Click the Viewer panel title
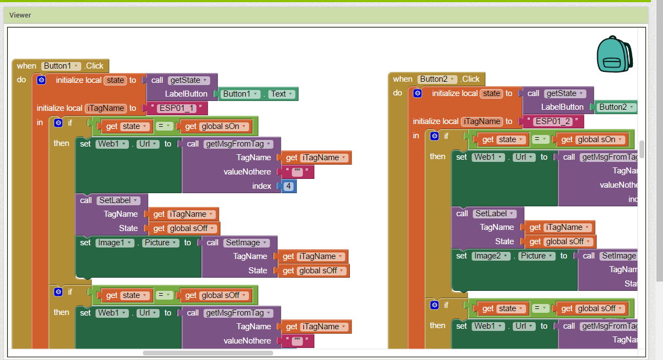pyautogui.click(x=20, y=15)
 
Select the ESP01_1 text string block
pyautogui.click(x=176, y=108)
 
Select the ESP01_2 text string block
pyautogui.click(x=552, y=121)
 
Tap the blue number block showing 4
pyautogui.click(x=288, y=186)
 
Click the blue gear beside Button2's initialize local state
pyautogui.click(x=417, y=93)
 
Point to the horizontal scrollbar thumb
pyautogui.click(x=208, y=353)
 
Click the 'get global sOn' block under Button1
pyautogui.click(x=216, y=126)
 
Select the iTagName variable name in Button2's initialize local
pyautogui.click(x=481, y=121)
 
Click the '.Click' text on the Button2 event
pyautogui.click(x=470, y=79)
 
